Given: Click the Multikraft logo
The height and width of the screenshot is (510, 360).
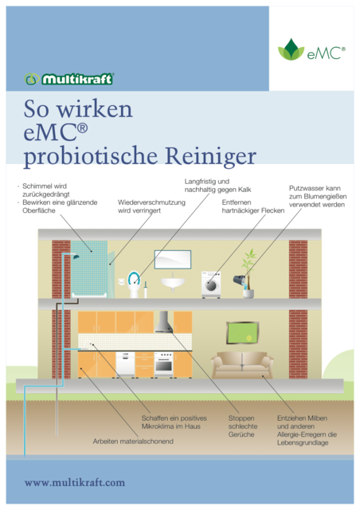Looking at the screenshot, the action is coord(68,79).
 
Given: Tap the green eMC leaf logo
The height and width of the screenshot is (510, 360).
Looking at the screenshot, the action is coord(291,49).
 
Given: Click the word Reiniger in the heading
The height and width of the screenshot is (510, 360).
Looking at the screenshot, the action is coord(211,156).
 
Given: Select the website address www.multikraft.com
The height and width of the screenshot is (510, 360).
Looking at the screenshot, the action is coord(75,482).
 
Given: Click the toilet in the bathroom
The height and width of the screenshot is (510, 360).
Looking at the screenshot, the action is coord(134,284).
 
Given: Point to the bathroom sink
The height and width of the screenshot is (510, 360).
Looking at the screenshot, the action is coord(173,283).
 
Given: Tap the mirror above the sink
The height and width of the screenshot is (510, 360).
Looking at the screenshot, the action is coord(173,259).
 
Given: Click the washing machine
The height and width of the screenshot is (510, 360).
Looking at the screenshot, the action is coord(211,285).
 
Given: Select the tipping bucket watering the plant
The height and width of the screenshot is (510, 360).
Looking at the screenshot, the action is coord(240,280).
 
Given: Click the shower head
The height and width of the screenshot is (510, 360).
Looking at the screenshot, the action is coord(76,257).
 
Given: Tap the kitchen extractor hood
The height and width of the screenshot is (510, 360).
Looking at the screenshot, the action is coord(163,322).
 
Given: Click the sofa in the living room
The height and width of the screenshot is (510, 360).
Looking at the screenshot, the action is coord(242,365).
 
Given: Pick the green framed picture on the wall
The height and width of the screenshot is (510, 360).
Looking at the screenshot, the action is coord(242,332).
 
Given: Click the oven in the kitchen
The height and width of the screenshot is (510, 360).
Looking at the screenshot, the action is coord(163,364).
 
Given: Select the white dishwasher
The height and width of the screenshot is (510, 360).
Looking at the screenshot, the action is coord(125,364).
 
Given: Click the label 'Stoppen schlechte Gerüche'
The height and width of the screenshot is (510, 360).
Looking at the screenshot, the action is coord(243,426).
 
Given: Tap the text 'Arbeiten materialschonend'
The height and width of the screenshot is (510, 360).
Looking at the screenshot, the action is coord(133,441).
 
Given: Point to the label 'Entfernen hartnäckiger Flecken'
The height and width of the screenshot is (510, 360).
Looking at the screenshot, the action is coord(253,206).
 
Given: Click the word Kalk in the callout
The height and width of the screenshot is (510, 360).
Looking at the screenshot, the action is coord(245,190).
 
